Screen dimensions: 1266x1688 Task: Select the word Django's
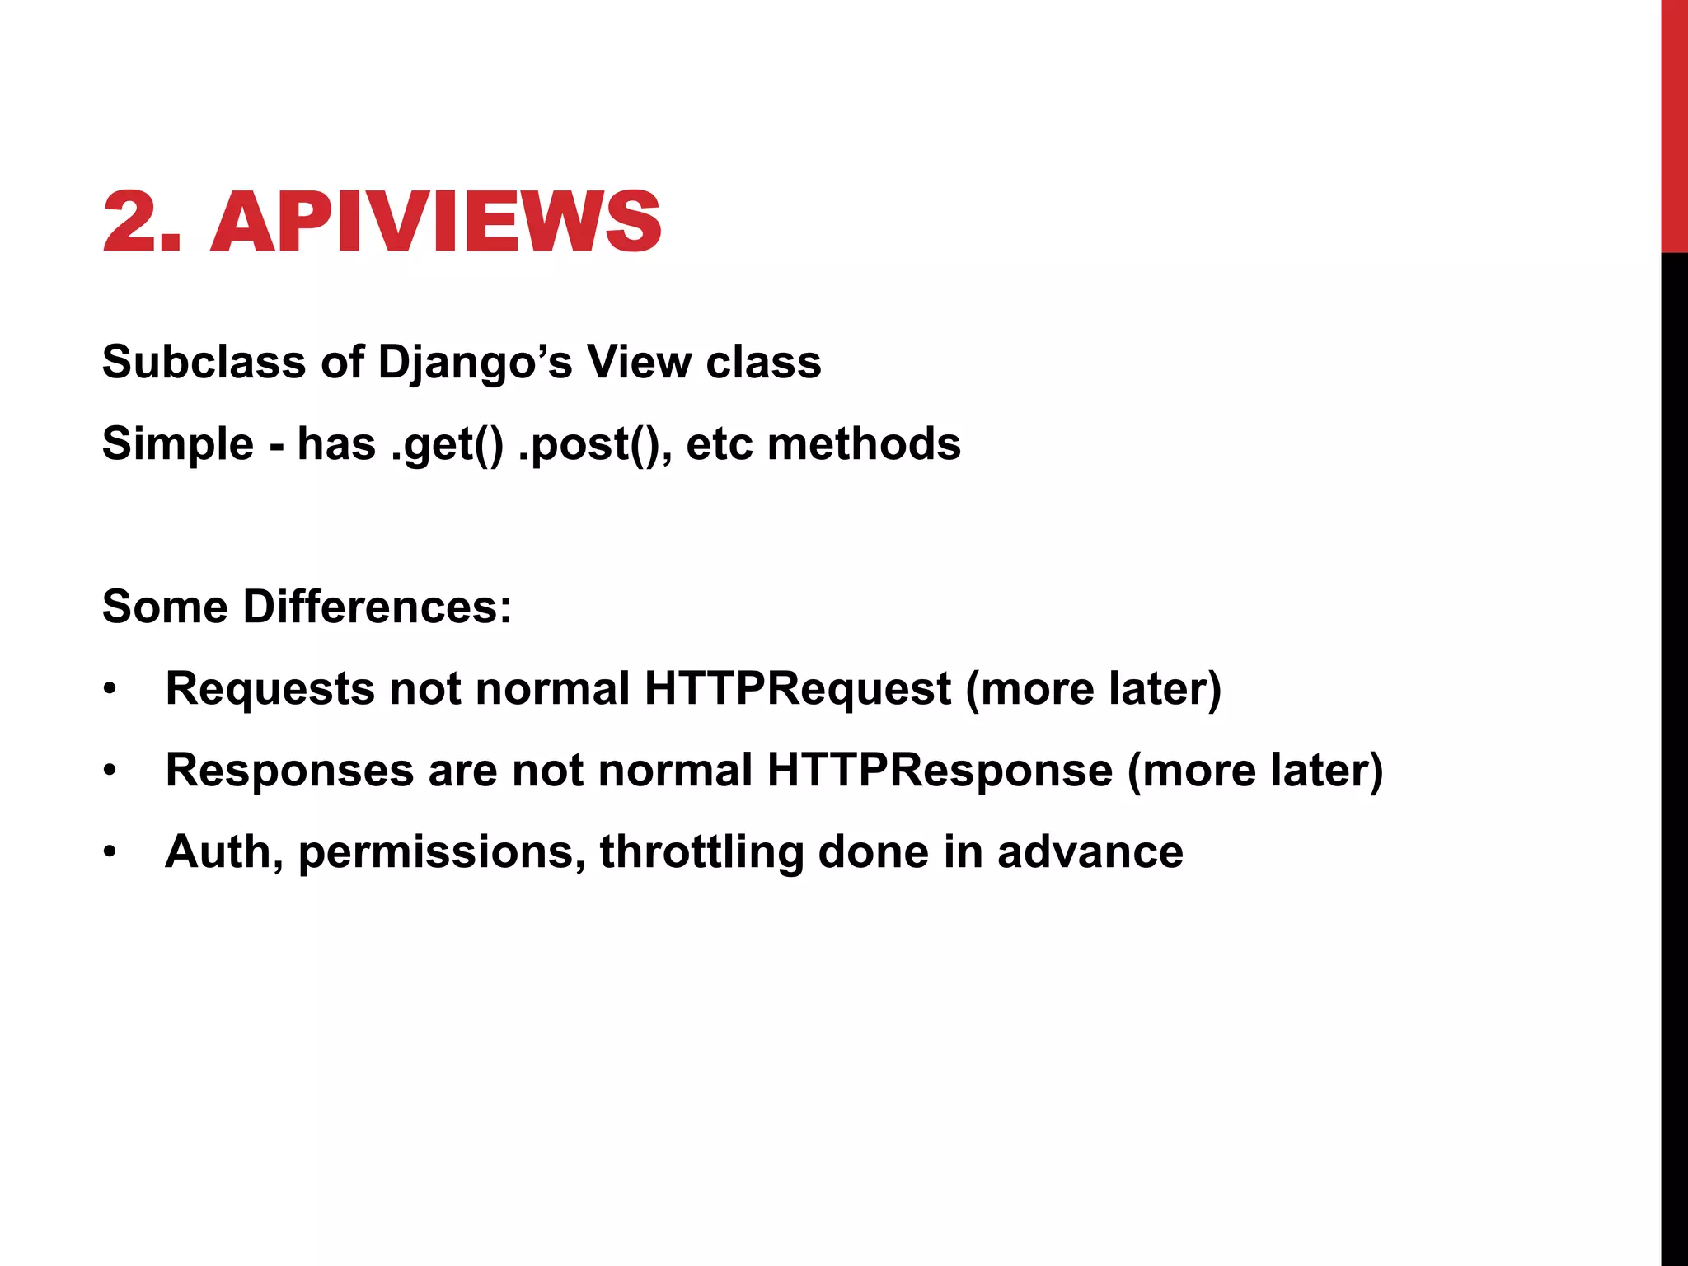point(475,363)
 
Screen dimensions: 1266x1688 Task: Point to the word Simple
point(178,444)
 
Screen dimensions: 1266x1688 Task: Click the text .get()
point(447,444)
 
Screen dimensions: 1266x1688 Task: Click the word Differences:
point(377,607)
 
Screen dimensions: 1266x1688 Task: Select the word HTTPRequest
point(798,688)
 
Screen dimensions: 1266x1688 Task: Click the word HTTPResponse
point(940,770)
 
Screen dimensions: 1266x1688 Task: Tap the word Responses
point(289,771)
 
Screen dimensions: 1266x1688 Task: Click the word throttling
point(701,852)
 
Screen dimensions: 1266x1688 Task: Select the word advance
point(1090,851)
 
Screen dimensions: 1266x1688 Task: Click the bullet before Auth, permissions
point(110,852)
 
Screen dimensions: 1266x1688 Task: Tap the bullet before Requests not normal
point(110,689)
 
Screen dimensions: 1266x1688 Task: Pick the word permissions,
point(442,853)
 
